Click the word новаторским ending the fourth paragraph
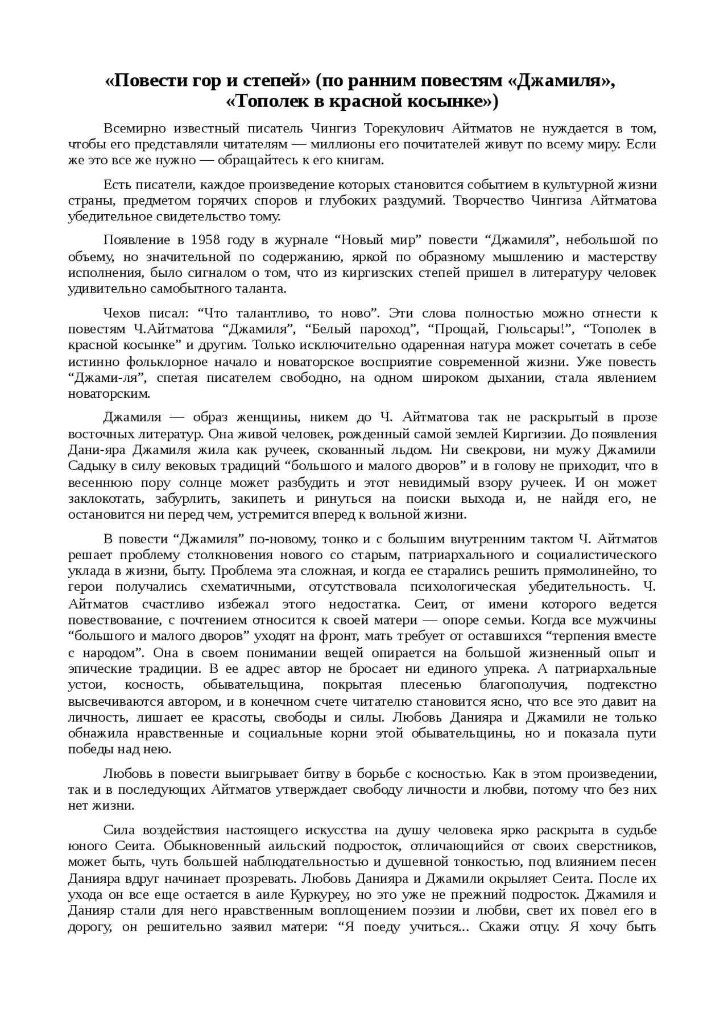click(x=109, y=394)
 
